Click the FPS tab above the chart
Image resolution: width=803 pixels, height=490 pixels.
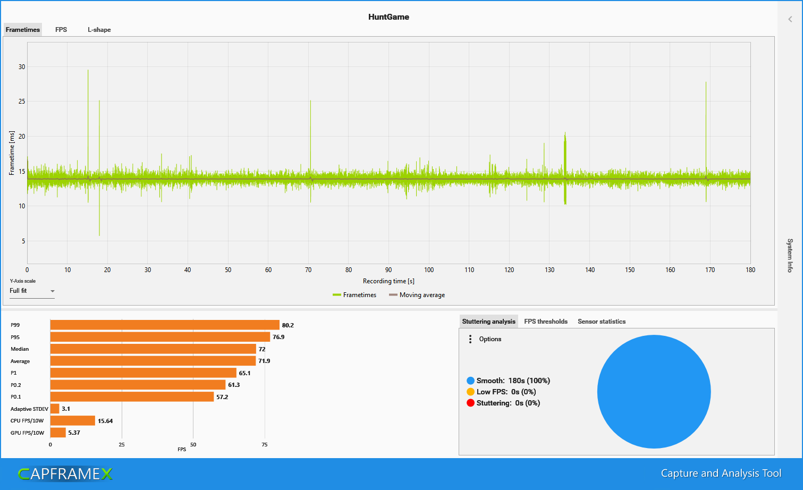pos(61,30)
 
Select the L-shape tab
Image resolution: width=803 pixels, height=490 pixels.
pos(99,30)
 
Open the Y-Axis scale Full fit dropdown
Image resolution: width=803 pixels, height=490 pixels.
pos(32,291)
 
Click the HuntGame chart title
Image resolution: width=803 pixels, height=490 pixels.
pos(388,17)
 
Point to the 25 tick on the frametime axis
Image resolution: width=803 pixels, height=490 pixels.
pos(22,102)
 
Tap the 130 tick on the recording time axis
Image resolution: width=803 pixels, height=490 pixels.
pos(550,270)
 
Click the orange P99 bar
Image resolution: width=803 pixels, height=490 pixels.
pos(165,325)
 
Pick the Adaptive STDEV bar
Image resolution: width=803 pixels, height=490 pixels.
pos(55,409)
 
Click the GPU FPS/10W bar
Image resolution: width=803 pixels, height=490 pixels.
pos(58,433)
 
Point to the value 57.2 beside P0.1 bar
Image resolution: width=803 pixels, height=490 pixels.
pos(222,397)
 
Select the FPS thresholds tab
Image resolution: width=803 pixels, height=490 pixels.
pos(546,322)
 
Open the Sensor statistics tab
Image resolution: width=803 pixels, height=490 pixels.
pos(602,322)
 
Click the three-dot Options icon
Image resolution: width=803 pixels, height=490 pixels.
pos(470,339)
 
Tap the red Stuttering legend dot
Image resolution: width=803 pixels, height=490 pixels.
pos(470,403)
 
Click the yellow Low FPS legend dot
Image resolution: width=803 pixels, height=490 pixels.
pos(470,392)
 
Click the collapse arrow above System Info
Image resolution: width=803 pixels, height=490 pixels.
pos(790,19)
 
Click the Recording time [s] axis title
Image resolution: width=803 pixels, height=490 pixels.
pos(388,281)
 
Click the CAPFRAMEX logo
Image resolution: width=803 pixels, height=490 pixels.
pos(65,474)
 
